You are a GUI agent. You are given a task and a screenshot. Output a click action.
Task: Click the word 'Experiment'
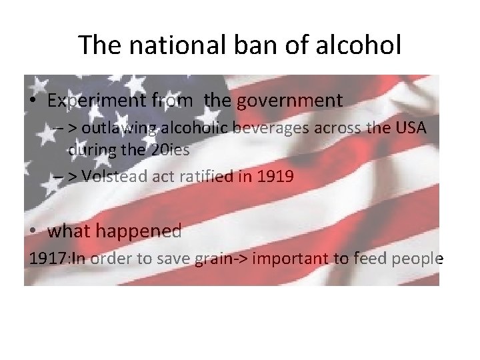click(x=97, y=101)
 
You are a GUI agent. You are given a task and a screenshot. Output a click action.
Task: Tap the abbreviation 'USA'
click(x=409, y=128)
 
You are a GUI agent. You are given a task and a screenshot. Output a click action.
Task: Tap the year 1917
click(x=46, y=259)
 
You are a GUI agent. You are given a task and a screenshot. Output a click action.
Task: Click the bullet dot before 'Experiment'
click(x=33, y=102)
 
